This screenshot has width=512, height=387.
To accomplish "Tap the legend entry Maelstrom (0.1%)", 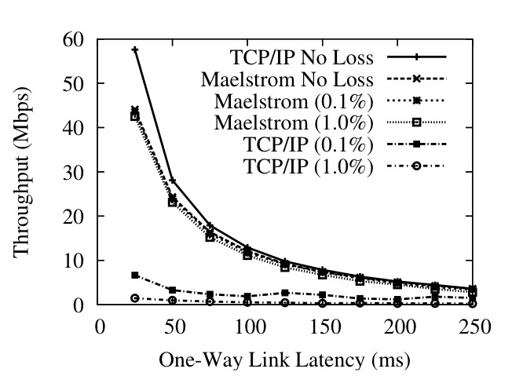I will (307, 101).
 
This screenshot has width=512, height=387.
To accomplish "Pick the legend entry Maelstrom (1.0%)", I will (307, 123).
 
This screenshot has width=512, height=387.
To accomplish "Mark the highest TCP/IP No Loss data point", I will (135, 49).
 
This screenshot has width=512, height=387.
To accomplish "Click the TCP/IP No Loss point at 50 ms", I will (173, 181).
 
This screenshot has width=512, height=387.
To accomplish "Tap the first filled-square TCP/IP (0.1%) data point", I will (135, 276).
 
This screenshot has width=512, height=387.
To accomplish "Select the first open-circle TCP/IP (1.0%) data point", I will (135, 298).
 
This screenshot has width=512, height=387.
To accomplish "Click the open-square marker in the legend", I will (419, 123).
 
